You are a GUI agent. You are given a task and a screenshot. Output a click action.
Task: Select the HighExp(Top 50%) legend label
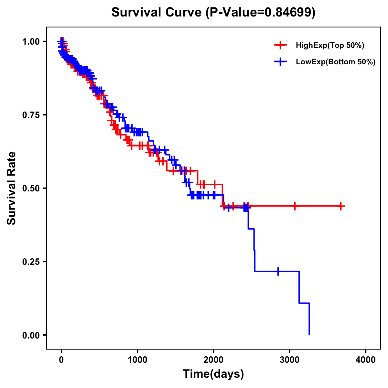coord(330,46)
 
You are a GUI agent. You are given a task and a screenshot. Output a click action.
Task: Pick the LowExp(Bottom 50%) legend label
coord(336,62)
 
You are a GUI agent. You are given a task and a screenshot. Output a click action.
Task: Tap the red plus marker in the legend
coord(281,45)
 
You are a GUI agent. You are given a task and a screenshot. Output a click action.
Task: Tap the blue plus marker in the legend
coord(281,62)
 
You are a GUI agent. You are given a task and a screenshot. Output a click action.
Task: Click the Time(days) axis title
coord(213,374)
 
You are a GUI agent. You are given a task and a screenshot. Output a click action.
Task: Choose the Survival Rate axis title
coord(12,188)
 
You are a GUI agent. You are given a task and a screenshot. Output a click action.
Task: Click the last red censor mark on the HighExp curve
coord(341,206)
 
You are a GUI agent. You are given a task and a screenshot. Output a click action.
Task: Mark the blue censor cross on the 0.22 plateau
coord(278,271)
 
